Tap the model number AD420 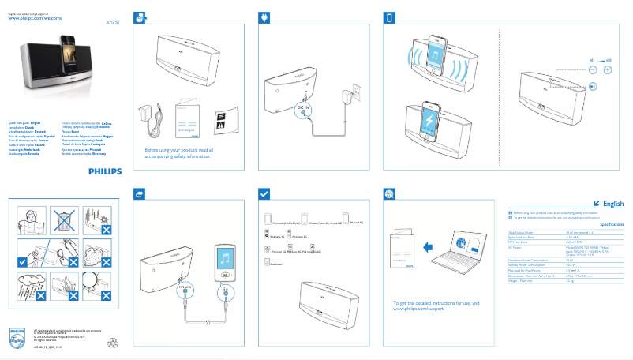[x=114, y=24]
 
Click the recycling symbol [x=112, y=343]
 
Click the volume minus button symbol [x=594, y=69]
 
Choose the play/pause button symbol [x=593, y=87]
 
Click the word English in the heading [x=612, y=204]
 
